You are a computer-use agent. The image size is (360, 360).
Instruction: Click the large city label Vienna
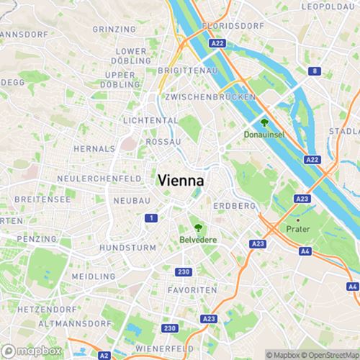(180, 181)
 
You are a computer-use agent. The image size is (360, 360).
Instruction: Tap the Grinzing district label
(114, 30)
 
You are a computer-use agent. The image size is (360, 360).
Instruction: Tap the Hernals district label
(93, 148)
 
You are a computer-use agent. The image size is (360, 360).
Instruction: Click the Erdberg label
(235, 206)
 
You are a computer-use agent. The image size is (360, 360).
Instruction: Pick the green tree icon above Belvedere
(197, 226)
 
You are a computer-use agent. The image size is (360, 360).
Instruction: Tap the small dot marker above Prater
(297, 220)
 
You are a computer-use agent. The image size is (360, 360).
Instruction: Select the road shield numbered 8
(315, 71)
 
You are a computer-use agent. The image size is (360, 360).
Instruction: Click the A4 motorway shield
(305, 251)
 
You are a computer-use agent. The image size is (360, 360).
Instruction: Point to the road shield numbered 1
(150, 217)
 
